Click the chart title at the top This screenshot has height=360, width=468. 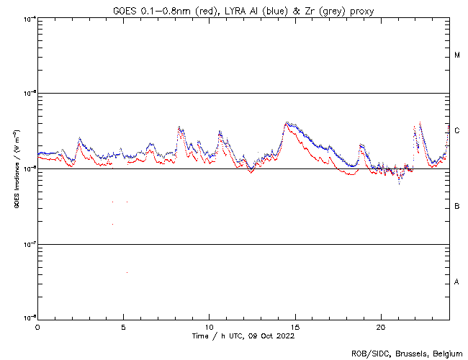click(243, 11)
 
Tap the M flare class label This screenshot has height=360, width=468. click(457, 55)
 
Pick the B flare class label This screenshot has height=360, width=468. click(457, 207)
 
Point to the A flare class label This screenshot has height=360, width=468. click(457, 282)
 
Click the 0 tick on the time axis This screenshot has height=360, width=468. click(37, 326)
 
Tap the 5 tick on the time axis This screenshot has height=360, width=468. click(123, 326)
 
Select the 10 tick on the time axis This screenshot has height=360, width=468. click(209, 326)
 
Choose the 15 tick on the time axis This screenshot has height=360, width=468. click(294, 326)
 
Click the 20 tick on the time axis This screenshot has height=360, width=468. click(380, 326)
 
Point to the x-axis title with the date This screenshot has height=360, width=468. click(243, 336)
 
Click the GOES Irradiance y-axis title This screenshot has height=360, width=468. click(16, 169)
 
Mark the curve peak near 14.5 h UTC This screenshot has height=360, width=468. click(287, 123)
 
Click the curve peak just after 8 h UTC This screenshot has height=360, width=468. click(179, 127)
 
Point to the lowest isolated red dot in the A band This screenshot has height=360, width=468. click(127, 273)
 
